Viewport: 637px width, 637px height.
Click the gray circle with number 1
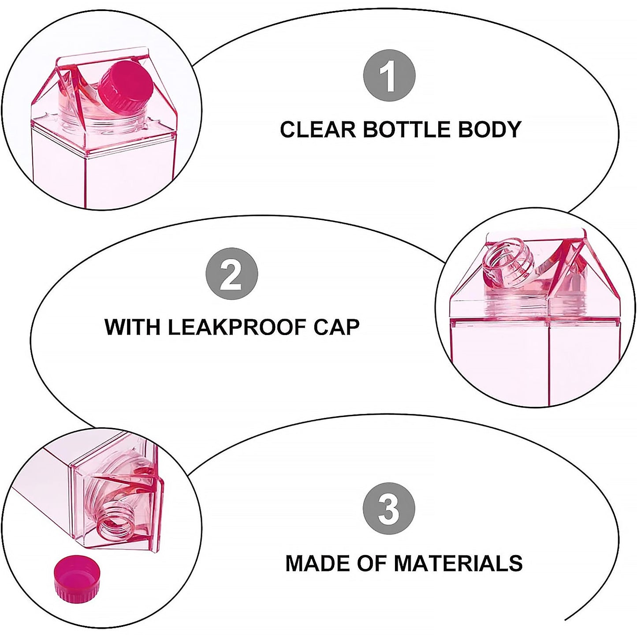(x=389, y=76)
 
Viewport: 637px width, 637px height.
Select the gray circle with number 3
(x=389, y=508)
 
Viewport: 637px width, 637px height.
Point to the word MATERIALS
(x=458, y=563)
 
